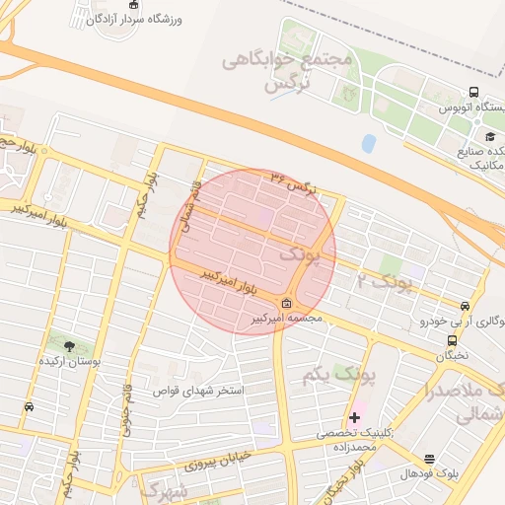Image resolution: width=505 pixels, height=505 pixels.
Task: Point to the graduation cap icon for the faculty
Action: click(489, 136)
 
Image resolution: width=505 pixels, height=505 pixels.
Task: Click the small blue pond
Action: click(369, 143)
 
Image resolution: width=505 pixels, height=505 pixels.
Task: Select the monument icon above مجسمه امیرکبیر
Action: click(287, 303)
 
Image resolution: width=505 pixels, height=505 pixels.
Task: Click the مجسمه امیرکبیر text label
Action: click(284, 320)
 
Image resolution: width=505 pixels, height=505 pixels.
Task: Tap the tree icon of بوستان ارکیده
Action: click(69, 345)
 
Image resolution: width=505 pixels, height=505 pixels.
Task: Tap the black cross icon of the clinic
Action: click(355, 417)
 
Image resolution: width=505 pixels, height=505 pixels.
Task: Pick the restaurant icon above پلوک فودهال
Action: click(429, 459)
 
